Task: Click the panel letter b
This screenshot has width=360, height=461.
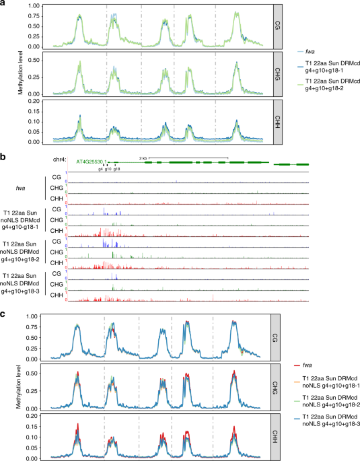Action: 3,156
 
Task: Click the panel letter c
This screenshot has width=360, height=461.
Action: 3,314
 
